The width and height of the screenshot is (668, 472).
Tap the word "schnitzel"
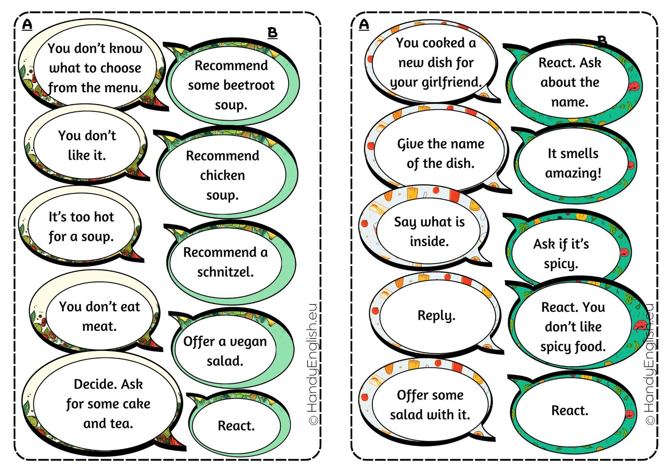pos(225,272)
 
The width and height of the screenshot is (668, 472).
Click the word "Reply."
pos(436,316)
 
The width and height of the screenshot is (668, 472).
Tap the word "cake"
pos(136,404)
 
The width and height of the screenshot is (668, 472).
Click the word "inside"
pos(429,241)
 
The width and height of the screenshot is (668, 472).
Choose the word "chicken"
pos(223,175)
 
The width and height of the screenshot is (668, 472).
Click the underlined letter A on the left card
pos(27,25)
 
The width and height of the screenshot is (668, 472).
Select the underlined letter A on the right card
pos(364,25)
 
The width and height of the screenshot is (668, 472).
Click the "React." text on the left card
pos(236,426)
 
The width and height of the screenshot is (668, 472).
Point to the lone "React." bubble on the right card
pos(570,411)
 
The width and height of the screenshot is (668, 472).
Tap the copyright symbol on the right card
pos(650,420)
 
